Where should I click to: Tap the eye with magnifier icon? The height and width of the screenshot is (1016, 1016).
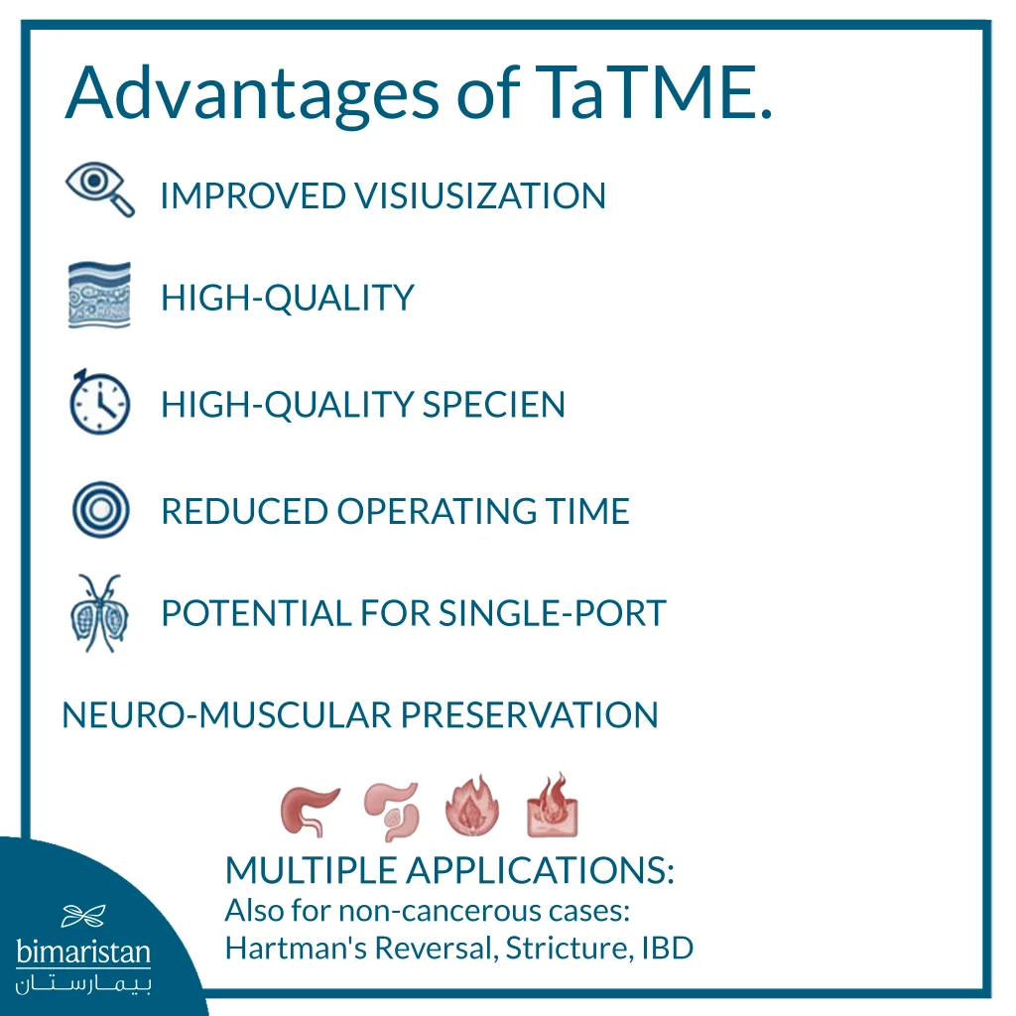98,189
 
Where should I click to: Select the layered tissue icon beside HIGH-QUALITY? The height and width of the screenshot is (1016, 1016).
99,296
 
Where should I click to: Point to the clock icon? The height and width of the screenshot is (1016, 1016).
99,402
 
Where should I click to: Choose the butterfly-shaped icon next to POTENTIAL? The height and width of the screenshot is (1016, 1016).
99,612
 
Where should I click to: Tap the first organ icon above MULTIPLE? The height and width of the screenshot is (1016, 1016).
309,809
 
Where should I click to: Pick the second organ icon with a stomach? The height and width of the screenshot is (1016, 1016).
391,809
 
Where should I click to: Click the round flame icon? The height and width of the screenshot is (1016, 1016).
470,806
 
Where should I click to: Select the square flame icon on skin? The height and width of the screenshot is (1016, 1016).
553,805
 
